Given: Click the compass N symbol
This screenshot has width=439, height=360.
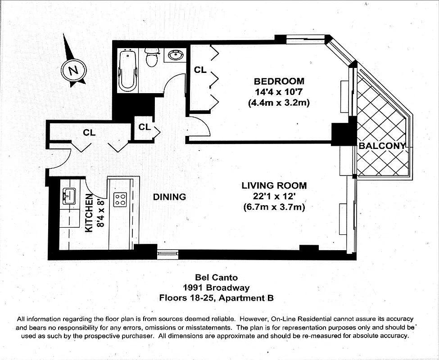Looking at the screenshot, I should [73, 70].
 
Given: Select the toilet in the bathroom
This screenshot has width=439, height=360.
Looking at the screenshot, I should [152, 58].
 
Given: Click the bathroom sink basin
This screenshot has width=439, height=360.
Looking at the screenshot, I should [176, 56].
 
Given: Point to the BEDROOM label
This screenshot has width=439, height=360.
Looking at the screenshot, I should [279, 81].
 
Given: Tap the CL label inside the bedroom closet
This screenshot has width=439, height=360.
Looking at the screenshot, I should [200, 70].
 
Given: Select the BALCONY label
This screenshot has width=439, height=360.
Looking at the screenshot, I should [382, 146].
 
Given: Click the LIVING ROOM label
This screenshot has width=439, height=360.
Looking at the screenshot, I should [274, 185].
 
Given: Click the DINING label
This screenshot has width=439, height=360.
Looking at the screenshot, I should [169, 197].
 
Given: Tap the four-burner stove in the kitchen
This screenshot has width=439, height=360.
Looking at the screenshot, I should [120, 199].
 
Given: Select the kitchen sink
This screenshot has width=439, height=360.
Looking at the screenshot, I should [69, 196].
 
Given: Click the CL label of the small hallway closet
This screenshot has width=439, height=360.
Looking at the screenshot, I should [144, 127].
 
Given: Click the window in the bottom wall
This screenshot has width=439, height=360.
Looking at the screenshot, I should [167, 255].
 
